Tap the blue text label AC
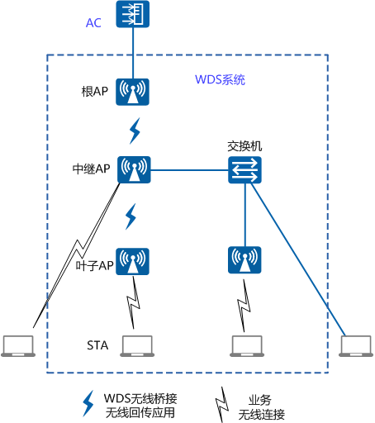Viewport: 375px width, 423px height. [94, 22]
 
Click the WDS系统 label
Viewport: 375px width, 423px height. [219, 80]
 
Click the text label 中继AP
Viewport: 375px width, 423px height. [91, 169]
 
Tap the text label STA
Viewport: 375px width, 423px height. [96, 344]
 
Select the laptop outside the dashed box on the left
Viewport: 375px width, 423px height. [18, 345]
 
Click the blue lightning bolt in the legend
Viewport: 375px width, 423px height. [88, 402]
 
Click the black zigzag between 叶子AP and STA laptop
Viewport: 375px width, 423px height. [132, 305]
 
